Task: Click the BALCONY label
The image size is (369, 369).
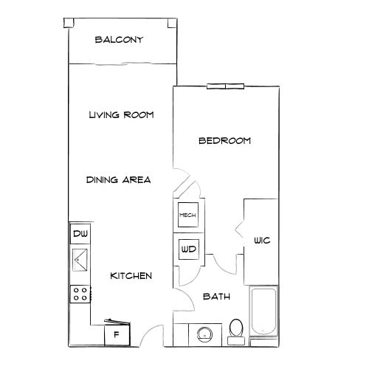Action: click(x=118, y=40)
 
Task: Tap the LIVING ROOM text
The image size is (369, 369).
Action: click(x=120, y=114)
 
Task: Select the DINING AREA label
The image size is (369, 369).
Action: click(x=118, y=179)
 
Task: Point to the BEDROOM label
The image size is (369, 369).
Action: click(x=225, y=140)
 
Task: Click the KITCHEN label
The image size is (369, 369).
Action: click(x=131, y=275)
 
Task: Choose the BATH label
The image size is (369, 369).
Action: click(x=216, y=297)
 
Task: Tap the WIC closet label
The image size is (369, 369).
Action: click(x=262, y=241)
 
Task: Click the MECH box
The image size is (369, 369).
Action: click(x=187, y=215)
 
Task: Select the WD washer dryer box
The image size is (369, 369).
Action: click(x=187, y=249)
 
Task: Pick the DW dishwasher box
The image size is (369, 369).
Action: click(x=80, y=235)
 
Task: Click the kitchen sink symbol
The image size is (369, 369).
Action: click(x=80, y=260)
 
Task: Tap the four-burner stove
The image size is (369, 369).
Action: click(x=80, y=294)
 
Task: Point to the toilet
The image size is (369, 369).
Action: click(x=237, y=329)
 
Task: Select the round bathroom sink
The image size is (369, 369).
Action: click(x=204, y=334)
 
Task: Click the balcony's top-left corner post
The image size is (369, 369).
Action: click(x=69, y=21)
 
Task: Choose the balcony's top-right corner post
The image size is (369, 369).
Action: click(x=173, y=21)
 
